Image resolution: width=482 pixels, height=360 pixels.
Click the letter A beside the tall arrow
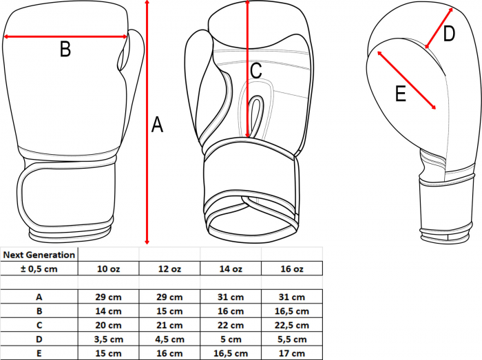pyautogui.click(x=157, y=125)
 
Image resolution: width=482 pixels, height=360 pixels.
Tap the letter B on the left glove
pyautogui.click(x=65, y=49)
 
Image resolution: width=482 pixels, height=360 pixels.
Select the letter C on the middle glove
pyautogui.click(x=256, y=70)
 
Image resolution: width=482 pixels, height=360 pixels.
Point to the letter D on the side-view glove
pyautogui.click(x=449, y=34)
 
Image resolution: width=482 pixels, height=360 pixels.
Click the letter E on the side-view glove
pyautogui.click(x=401, y=94)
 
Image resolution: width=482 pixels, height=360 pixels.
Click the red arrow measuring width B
pyautogui.click(x=65, y=37)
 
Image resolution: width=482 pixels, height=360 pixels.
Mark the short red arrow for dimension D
pyautogui.click(x=439, y=28)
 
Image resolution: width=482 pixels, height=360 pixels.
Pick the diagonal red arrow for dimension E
pyautogui.click(x=407, y=80)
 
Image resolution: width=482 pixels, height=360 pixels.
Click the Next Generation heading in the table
pyautogui.click(x=39, y=255)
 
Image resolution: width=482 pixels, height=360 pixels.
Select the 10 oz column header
pyautogui.click(x=109, y=268)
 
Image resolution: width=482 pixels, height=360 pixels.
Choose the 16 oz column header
pyautogui.click(x=292, y=268)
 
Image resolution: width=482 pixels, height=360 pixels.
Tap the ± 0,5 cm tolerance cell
pyautogui.click(x=39, y=268)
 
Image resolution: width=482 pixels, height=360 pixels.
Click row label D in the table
pyautogui.click(x=39, y=339)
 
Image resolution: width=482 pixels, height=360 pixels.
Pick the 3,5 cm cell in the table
pyautogui.click(x=109, y=339)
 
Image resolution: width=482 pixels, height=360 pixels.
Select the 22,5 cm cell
pyautogui.click(x=292, y=325)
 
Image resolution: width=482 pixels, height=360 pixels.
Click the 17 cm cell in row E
pyautogui.click(x=292, y=353)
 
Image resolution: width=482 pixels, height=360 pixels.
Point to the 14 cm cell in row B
pyautogui.click(x=109, y=311)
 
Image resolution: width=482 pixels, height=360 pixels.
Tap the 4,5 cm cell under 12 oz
pyautogui.click(x=169, y=339)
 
